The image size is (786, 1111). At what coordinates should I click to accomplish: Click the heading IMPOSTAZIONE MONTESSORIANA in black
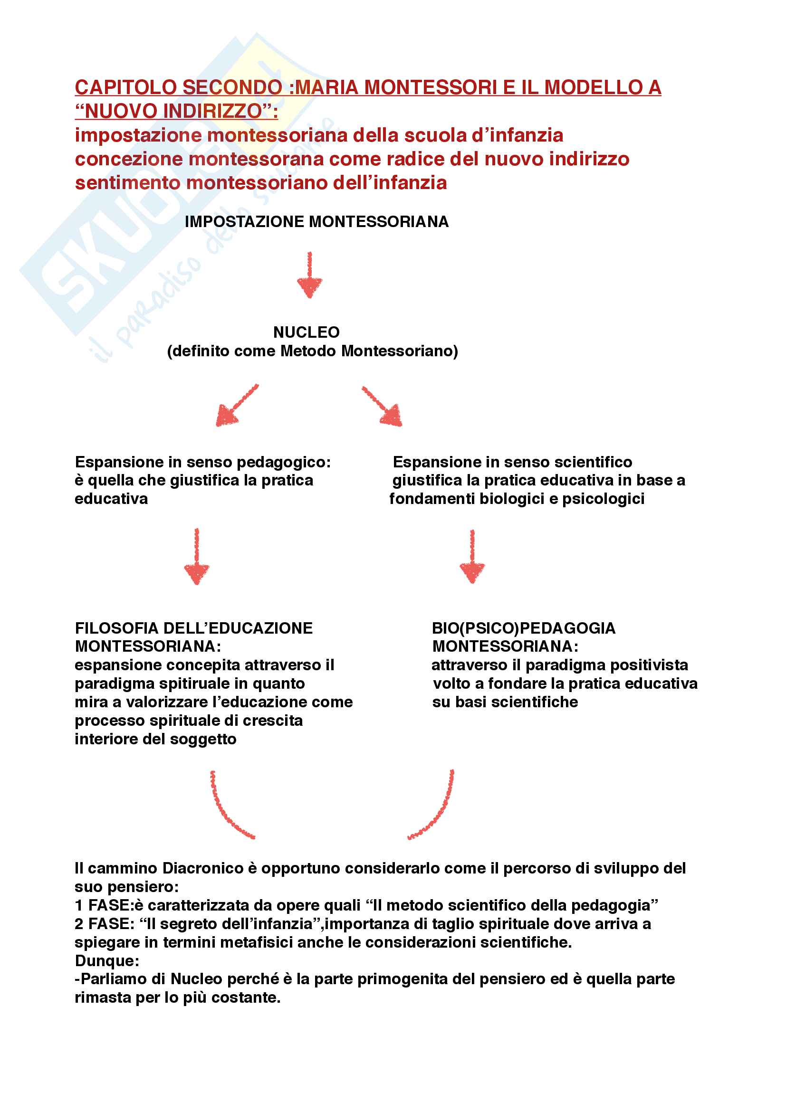(x=316, y=222)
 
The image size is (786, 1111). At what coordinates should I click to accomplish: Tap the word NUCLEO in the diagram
(x=307, y=332)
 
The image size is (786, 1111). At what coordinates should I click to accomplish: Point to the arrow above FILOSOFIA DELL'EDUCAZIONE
(x=197, y=557)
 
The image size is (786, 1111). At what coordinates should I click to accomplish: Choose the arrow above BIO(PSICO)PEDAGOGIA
(x=472, y=557)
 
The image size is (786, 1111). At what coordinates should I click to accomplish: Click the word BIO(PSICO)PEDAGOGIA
(x=523, y=628)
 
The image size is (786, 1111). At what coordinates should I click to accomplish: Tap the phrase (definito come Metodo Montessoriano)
(x=312, y=351)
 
